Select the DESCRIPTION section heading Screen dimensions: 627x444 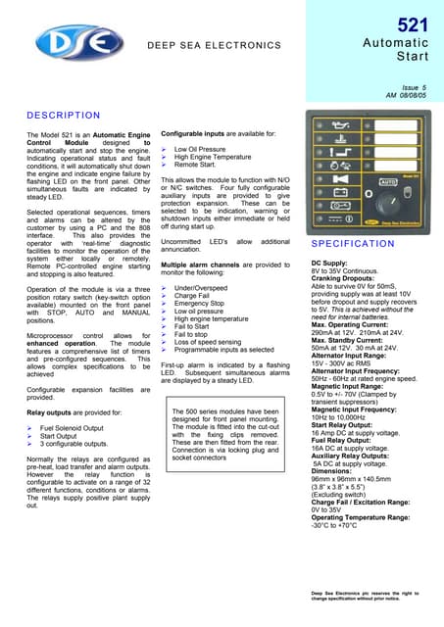tap(63, 115)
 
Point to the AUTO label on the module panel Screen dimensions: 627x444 tap(387, 182)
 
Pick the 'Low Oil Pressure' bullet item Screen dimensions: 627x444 tap(200, 149)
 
